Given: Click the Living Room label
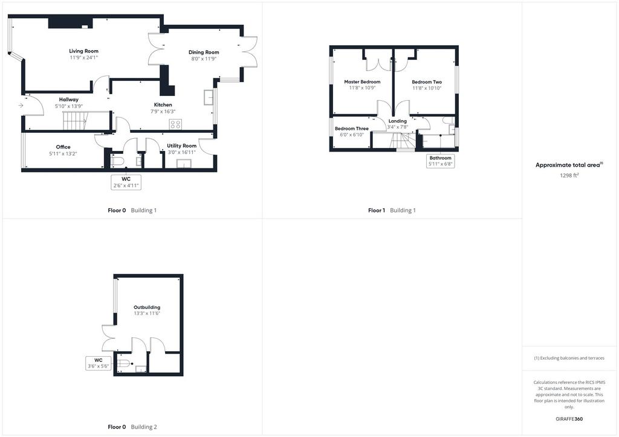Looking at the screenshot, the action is click(x=83, y=51).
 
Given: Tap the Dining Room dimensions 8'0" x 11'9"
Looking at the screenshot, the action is click(x=204, y=59).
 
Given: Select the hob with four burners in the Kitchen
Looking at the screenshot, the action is click(x=175, y=124).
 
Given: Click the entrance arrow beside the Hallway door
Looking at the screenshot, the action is click(x=21, y=105).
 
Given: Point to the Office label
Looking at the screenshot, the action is click(x=63, y=147).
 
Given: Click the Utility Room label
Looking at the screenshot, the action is click(x=181, y=146).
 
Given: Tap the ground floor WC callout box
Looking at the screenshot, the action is click(x=126, y=182).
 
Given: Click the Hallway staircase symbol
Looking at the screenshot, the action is click(x=75, y=121).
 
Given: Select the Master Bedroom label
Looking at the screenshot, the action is click(x=363, y=82).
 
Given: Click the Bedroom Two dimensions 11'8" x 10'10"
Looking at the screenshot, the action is click(x=427, y=88).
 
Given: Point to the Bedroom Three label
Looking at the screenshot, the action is click(x=352, y=129).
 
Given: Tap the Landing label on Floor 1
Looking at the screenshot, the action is click(x=398, y=121).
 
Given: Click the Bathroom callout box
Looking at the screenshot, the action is click(x=441, y=161).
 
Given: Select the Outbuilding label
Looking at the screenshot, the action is click(x=147, y=307).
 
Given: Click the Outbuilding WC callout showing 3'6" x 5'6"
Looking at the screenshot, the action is click(x=99, y=363).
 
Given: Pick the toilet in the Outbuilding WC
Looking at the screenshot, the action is click(x=123, y=364).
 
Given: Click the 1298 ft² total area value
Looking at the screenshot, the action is click(x=569, y=176).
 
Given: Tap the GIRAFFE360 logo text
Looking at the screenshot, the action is click(x=569, y=419).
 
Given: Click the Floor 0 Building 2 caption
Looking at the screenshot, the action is click(x=132, y=427).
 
